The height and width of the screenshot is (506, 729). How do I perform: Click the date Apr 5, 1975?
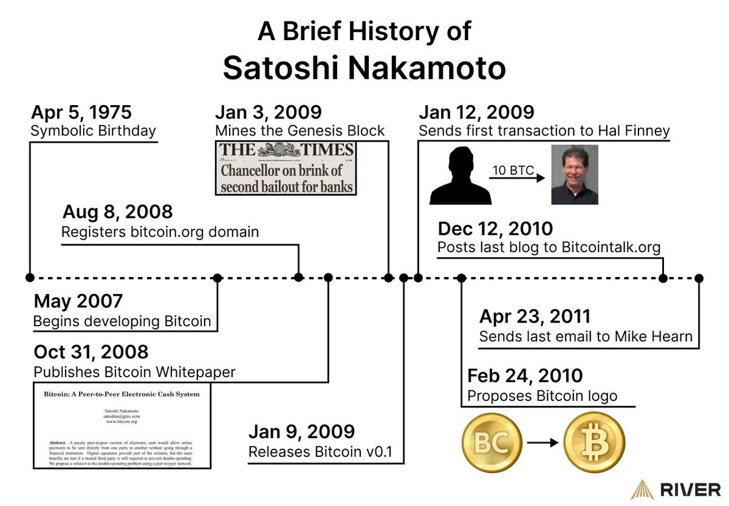point(81,112)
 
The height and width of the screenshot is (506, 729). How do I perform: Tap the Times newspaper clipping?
point(286,168)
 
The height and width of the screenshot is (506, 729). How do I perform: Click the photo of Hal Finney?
point(574,174)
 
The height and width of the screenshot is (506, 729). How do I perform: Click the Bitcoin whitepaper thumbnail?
point(122,425)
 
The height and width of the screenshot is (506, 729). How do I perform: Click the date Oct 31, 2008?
point(91,352)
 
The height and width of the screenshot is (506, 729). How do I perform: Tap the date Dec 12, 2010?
point(495,228)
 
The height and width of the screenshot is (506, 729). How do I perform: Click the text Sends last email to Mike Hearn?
point(586,337)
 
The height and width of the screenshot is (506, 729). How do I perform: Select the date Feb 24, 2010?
point(525,375)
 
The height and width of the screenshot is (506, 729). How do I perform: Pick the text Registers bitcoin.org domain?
point(160,231)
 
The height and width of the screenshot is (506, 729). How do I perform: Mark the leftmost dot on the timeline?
point(29,278)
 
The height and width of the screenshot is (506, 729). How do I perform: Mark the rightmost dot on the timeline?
point(699,278)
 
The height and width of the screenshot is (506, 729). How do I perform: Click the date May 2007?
point(78,301)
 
